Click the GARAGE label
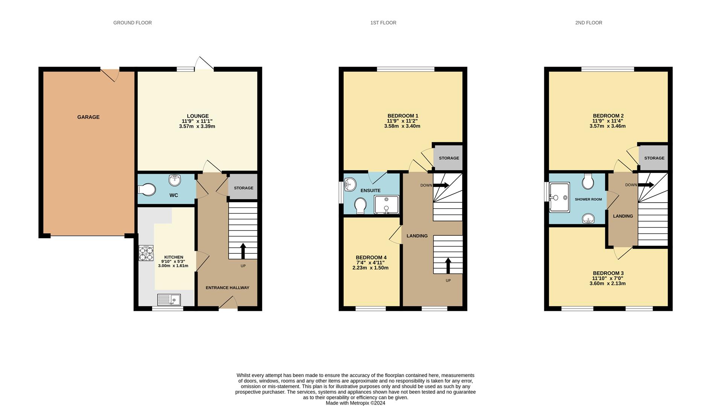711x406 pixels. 88,117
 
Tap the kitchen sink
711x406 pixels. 169,300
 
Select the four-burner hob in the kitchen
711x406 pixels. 146,253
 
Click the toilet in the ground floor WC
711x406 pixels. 147,189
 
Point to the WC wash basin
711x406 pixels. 175,180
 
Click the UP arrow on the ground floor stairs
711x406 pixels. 243,251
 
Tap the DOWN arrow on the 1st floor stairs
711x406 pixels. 441,185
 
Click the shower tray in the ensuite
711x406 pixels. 387,205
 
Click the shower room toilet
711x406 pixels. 588,181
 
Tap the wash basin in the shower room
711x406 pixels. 588,218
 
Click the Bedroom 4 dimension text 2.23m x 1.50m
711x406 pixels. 370,268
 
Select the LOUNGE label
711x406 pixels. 198,116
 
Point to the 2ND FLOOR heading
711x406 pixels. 589,23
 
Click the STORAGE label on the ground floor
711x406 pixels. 244,188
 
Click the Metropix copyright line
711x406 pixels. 355,403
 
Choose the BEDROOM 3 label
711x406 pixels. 608,273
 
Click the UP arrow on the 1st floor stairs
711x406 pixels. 448,265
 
